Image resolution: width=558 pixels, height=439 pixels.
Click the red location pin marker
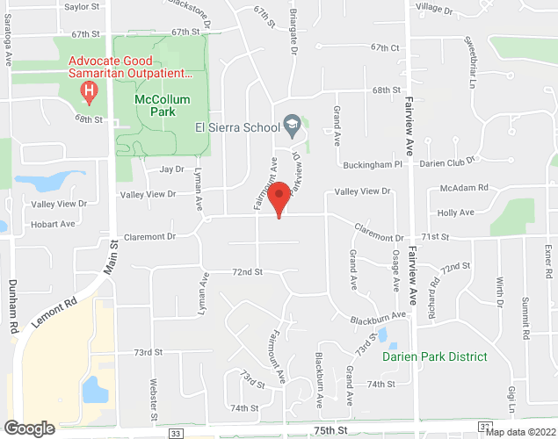click(279, 198)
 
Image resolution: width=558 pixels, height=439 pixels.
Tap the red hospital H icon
click(88, 91)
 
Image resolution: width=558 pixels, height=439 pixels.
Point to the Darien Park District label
click(434, 356)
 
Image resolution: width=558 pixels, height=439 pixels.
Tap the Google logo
click(28, 428)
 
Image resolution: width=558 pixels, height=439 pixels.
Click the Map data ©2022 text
click(520, 432)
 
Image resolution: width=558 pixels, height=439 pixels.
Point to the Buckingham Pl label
click(372, 164)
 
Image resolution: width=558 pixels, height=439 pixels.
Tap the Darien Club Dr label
click(446, 161)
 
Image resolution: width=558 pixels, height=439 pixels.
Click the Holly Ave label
click(456, 212)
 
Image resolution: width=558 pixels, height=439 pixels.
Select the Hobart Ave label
click(54, 224)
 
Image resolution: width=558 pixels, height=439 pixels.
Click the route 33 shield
click(176, 433)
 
